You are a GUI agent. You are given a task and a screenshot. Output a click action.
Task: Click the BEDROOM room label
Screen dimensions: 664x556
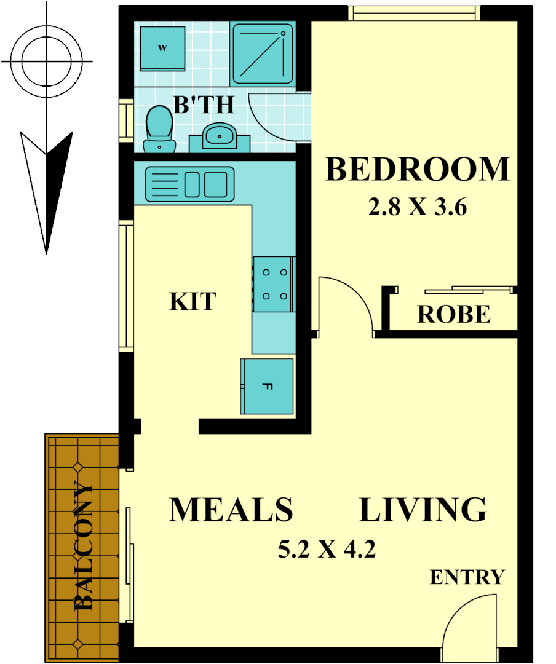[417, 170]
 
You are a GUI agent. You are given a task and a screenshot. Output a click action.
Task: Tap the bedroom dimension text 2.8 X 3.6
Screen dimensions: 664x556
[417, 208]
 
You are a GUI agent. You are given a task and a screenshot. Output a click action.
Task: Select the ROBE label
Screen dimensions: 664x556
[454, 314]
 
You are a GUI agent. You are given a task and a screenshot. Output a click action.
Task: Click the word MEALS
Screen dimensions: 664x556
[231, 510]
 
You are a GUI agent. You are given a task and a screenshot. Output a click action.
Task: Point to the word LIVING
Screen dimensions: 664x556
[423, 510]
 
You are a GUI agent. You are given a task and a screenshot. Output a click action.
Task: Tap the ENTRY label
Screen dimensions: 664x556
[467, 577]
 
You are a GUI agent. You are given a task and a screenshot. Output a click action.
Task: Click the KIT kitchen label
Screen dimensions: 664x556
[193, 301]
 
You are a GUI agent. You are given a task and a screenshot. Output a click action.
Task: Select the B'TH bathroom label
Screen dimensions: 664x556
[204, 105]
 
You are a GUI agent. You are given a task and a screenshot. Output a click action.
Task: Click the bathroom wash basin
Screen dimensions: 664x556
[218, 135]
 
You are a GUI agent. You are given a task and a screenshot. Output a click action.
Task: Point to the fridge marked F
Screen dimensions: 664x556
[266, 387]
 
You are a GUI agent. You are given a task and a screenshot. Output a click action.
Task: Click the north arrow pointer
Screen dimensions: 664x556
[47, 188]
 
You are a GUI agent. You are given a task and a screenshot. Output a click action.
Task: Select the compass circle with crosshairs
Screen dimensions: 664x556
[47, 61]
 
